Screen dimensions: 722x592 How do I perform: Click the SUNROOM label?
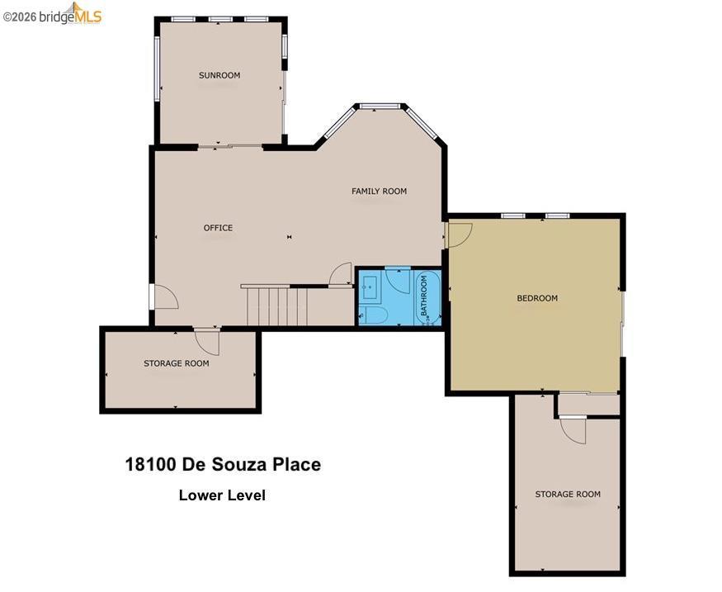219,75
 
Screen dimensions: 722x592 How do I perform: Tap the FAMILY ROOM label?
379,191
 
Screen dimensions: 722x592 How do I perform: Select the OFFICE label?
219,228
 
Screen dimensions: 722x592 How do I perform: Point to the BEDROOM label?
537,298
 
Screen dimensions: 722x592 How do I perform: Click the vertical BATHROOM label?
424,296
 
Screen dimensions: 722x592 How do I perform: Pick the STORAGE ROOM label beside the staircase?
177,363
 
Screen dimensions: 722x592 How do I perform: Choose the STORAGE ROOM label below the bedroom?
568,494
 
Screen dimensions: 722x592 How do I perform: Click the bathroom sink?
370,288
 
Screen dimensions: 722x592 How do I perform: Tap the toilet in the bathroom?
374,315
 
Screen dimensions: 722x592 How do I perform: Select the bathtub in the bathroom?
427,297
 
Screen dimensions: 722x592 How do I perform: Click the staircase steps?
276,305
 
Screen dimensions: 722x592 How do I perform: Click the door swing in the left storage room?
207,342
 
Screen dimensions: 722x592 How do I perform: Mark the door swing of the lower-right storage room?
573,430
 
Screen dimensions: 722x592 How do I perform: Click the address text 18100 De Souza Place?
223,464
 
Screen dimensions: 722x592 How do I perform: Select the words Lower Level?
223,495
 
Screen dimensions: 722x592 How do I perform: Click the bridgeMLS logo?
52,14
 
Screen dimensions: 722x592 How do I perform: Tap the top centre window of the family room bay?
380,107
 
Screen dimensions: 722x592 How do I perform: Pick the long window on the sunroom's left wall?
157,69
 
